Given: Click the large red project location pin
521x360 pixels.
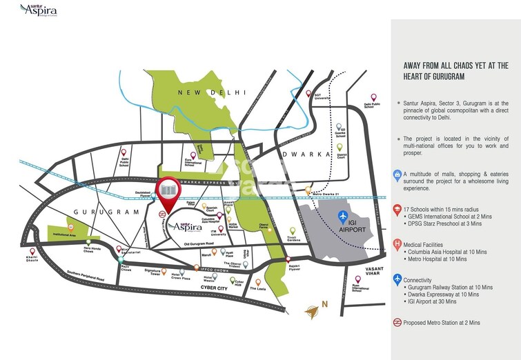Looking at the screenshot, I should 166,190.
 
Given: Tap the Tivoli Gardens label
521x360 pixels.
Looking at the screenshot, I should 291,241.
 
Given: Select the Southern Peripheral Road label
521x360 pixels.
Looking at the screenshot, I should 81,279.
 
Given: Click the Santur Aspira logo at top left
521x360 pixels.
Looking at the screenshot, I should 39,10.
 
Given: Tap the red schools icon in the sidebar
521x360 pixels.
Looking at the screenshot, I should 397,208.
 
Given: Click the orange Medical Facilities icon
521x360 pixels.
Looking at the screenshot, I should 397,244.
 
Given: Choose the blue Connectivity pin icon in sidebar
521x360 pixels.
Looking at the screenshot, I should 397,279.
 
